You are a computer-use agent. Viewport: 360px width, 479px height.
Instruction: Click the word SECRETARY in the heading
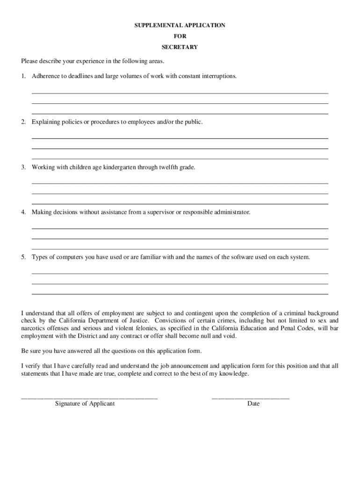[x=180, y=47]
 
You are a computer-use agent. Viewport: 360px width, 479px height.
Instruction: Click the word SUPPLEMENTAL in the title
[x=155, y=26]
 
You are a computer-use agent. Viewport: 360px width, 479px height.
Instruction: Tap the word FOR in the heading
[x=180, y=36]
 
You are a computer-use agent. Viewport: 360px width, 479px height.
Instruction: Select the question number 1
[x=23, y=76]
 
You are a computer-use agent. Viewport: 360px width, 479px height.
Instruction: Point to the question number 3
[x=23, y=167]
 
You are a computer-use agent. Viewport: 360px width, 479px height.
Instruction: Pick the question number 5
[x=23, y=257]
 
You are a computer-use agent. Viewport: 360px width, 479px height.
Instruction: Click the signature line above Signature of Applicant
[x=89, y=398]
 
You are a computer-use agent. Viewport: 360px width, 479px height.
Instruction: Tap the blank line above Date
[x=251, y=398]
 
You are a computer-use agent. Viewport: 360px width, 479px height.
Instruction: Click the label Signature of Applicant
[x=85, y=404]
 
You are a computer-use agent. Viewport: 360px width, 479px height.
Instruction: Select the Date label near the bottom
[x=253, y=404]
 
